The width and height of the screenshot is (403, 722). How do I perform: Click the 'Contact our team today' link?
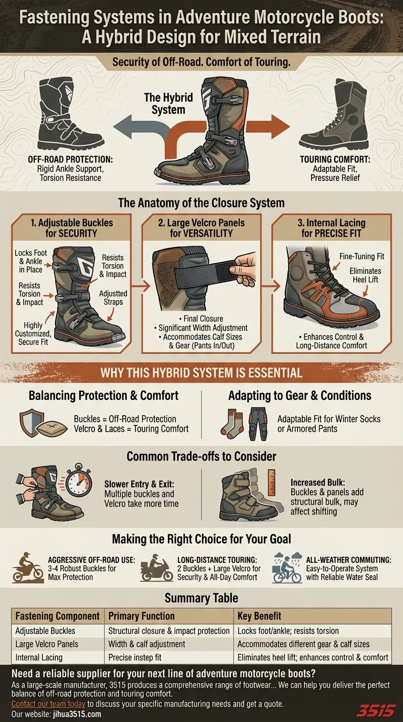pos(48,704)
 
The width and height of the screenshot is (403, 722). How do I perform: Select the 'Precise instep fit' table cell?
pos(135,657)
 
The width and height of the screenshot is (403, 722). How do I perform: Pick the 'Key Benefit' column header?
pos(259,616)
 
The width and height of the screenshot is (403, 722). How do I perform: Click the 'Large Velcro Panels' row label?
pos(47,644)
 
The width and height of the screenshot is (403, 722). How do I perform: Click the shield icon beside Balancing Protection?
pos(31,423)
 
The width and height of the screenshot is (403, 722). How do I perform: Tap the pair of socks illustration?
pos(232,423)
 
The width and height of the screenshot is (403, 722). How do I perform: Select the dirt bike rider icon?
pos(28,568)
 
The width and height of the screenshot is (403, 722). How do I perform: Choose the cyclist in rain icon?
pos(287,568)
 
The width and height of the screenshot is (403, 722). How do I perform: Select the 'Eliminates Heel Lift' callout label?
pos(365,275)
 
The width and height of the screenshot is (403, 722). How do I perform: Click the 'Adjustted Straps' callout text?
pos(113,298)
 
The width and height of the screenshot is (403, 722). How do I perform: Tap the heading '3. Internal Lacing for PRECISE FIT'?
pos(332,228)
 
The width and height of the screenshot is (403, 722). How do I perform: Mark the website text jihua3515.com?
pos(77,714)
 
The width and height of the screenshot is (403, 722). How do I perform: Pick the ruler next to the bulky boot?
pos(271,482)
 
